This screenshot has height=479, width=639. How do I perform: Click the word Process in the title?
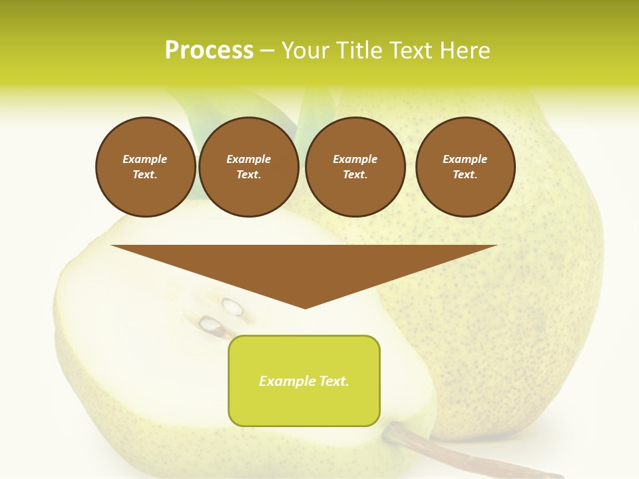pos(209,51)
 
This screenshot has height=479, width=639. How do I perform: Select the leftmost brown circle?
pos(145,167)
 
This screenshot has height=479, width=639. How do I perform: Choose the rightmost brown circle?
pos(465,167)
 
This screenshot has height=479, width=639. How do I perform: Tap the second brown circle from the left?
pos(248,167)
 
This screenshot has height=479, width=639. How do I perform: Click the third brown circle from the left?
pos(355,167)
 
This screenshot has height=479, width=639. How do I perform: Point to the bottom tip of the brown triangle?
pos(305,307)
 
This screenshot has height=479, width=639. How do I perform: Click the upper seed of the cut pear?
pos(232,307)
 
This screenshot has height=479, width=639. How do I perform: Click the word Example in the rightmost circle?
pos(465,159)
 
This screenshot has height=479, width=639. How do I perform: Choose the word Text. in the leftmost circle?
pos(145,175)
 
